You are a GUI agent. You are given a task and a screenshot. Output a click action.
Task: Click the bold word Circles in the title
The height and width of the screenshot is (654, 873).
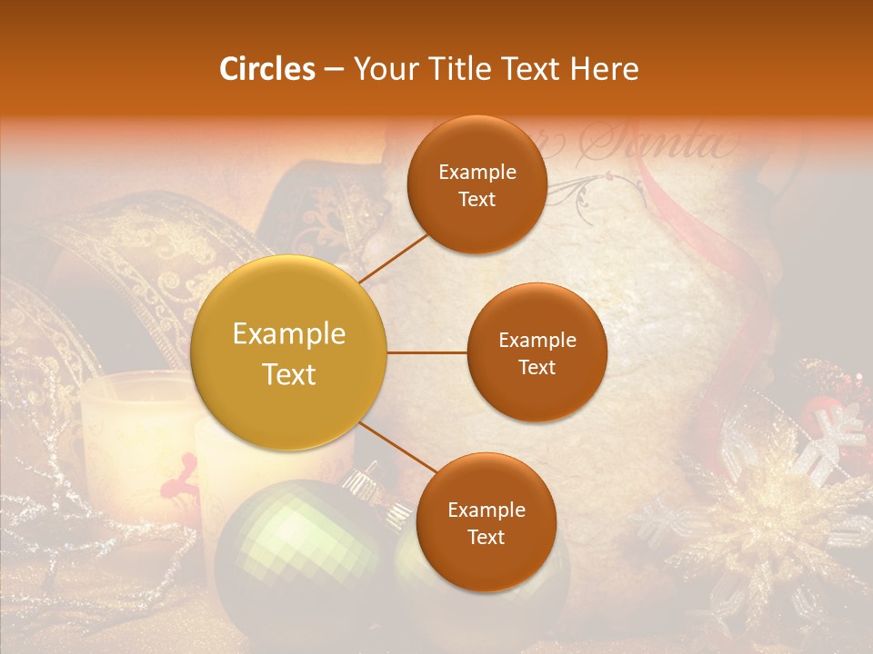tap(267, 69)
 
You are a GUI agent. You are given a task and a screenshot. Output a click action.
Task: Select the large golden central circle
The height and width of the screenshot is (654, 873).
tap(289, 352)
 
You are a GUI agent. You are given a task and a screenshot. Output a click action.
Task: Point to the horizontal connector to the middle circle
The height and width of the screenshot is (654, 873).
tap(426, 352)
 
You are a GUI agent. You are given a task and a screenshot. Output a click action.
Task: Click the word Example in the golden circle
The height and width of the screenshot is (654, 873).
tap(289, 334)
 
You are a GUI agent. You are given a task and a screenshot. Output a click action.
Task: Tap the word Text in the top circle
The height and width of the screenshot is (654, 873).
tap(477, 199)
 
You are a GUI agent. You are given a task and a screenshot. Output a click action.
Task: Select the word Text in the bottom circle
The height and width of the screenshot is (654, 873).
tap(486, 537)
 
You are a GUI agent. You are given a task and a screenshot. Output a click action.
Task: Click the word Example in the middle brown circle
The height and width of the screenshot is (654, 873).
tap(537, 341)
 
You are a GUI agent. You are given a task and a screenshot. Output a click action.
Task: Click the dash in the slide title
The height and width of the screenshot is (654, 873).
tap(333, 70)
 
